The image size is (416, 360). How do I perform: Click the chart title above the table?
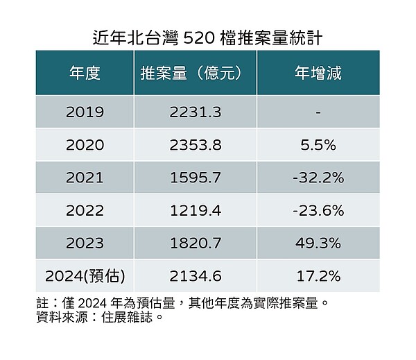tap(207, 36)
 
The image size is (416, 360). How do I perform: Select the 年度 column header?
tap(85, 73)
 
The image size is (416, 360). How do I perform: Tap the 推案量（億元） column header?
tap(195, 73)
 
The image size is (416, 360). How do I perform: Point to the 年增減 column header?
tap(318, 73)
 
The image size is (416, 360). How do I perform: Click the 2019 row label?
tap(85, 112)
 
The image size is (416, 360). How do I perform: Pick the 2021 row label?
tap(85, 178)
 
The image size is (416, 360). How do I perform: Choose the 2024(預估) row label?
tap(85, 276)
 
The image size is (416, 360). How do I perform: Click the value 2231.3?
tap(195, 112)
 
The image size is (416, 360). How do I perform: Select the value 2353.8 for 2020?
tap(195, 145)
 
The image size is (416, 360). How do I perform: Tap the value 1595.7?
tap(195, 178)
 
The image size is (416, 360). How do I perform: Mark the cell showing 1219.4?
tap(195, 210)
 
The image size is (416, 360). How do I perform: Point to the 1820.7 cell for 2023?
tap(195, 243)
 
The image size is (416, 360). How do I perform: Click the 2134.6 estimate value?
tap(195, 276)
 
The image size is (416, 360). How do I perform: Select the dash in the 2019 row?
tap(318, 112)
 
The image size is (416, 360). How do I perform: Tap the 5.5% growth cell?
tap(318, 145)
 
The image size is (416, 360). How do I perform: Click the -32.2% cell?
tap(318, 178)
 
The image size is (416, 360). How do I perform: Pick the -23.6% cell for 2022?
tap(318, 210)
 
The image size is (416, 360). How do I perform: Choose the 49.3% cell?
tap(318, 243)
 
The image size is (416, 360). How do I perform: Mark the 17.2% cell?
tap(318, 276)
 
